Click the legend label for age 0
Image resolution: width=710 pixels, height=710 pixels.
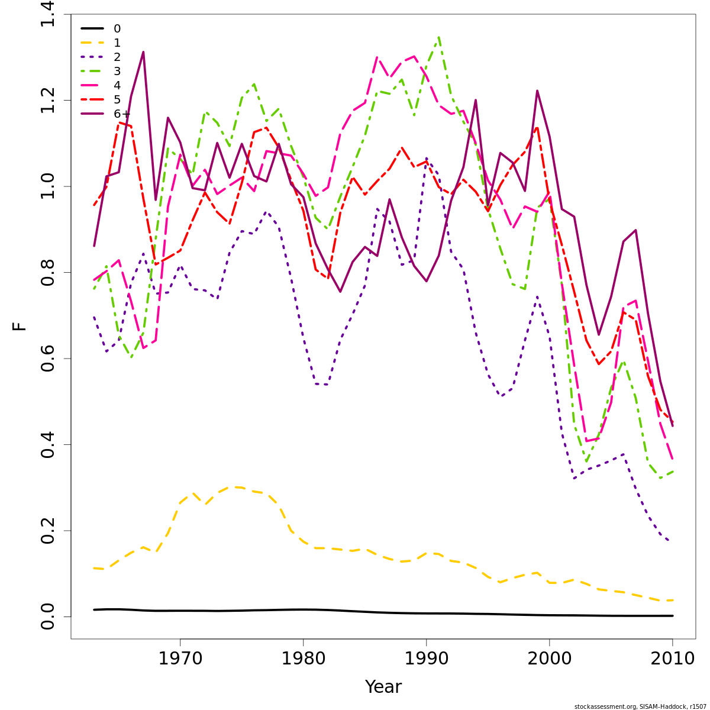pyautogui.click(x=117, y=28)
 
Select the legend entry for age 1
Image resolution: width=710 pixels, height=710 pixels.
pyautogui.click(x=117, y=43)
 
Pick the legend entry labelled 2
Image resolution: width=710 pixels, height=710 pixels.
pyautogui.click(x=117, y=57)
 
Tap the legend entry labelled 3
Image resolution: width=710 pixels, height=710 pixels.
pyautogui.click(x=117, y=71)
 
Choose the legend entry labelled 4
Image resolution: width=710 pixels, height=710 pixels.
pyautogui.click(x=117, y=85)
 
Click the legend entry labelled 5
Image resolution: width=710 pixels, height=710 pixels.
pyautogui.click(x=117, y=99)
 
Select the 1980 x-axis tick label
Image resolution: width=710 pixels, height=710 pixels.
pyautogui.click(x=303, y=658)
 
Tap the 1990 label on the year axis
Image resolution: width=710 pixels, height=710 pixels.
pyautogui.click(x=426, y=658)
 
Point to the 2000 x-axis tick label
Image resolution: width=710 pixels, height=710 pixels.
pyautogui.click(x=550, y=658)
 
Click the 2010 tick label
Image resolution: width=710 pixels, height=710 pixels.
pyautogui.click(x=673, y=658)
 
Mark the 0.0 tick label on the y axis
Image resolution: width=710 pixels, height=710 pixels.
pyautogui.click(x=49, y=617)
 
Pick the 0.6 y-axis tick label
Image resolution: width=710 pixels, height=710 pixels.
pyautogui.click(x=49, y=359)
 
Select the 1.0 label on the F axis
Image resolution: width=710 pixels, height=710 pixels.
pyautogui.click(x=49, y=186)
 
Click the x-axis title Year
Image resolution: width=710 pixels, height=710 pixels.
pyautogui.click(x=383, y=687)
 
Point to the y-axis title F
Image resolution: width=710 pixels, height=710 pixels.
pyautogui.click(x=20, y=326)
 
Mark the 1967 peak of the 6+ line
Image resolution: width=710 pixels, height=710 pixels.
pyautogui.click(x=143, y=52)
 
